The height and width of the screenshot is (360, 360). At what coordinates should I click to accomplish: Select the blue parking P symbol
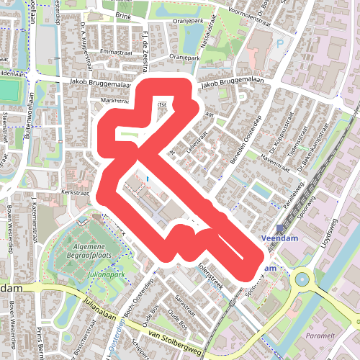click(x=280, y=44)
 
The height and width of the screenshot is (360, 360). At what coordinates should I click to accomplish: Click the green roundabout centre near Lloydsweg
click(x=300, y=278)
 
